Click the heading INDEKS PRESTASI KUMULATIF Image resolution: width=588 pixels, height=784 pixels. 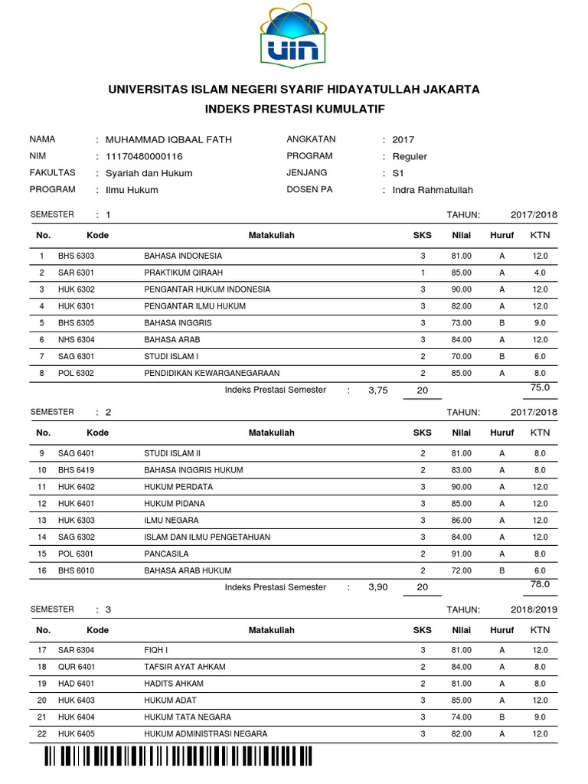tap(293, 109)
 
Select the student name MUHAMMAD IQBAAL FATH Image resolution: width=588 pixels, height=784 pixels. tap(168, 139)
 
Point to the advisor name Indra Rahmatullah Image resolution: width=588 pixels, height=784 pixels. tap(433, 190)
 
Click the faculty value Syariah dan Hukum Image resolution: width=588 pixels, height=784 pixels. tap(149, 173)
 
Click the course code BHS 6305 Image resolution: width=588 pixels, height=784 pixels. tap(76, 323)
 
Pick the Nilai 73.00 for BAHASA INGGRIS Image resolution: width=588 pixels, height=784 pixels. tap(461, 323)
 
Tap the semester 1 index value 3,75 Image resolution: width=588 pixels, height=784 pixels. tap(378, 390)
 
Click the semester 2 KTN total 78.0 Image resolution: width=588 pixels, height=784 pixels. tap(540, 584)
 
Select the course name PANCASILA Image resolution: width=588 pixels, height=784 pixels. tap(166, 554)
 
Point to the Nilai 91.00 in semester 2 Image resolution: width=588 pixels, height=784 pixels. tap(461, 554)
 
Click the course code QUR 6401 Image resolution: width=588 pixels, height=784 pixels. tap(76, 667)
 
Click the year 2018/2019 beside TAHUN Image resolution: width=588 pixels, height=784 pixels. tap(534, 609)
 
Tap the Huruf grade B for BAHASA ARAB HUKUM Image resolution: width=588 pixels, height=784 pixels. tap(502, 570)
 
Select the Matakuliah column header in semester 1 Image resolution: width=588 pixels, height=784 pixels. tap(271, 236)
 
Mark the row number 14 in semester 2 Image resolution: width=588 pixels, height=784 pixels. tap(43, 537)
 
